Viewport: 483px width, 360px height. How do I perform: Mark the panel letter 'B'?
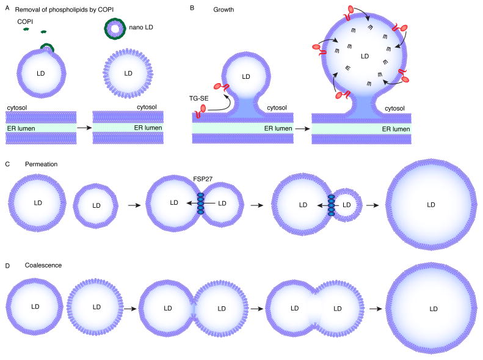click(x=193, y=8)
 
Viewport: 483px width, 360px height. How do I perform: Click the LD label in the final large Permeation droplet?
click(x=431, y=205)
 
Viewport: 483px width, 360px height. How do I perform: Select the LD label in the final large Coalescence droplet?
click(x=432, y=309)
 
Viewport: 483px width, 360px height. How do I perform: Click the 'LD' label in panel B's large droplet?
click(x=365, y=56)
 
